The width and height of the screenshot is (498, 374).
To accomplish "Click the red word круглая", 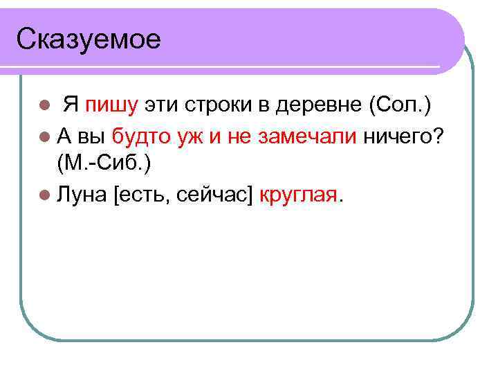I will coord(299,195).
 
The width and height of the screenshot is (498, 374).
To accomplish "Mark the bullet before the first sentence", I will coord(45,107).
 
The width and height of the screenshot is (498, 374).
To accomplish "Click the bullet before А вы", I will coord(45,137).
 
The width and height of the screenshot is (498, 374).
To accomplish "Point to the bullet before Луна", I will coord(45,196).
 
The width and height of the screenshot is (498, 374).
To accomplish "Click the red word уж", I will coord(188,136).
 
